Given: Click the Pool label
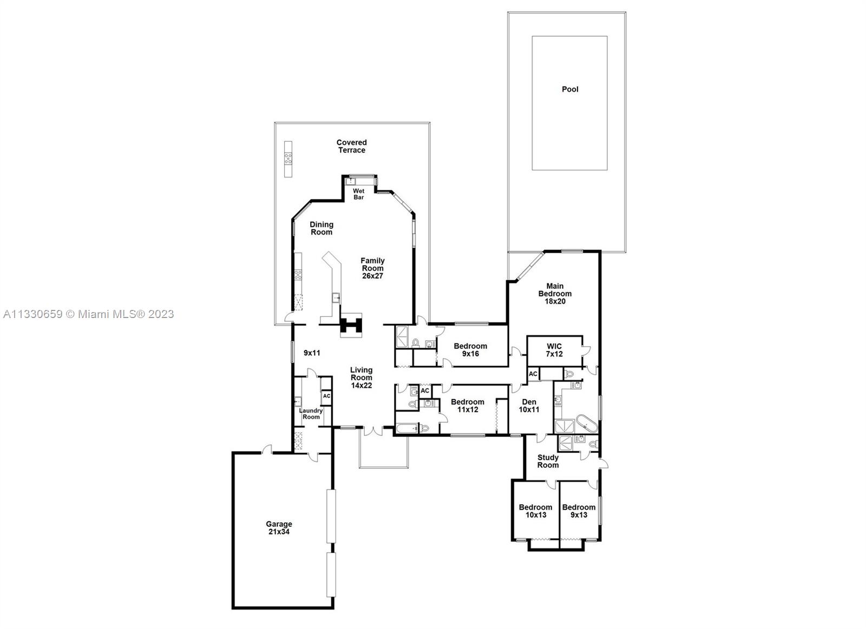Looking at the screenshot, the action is click(x=570, y=89).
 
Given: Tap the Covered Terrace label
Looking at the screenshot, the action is click(x=351, y=147).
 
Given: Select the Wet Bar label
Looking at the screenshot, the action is click(x=358, y=194).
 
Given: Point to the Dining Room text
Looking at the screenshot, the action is click(x=322, y=228).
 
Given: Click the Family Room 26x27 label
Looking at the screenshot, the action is click(x=372, y=268).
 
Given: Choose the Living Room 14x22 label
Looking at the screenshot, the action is click(x=362, y=378).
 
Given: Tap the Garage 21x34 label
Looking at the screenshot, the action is click(x=279, y=528).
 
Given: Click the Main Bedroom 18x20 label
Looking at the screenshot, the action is click(x=555, y=294).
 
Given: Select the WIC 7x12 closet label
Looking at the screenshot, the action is click(x=554, y=350).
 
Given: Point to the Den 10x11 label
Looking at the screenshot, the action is click(x=529, y=406).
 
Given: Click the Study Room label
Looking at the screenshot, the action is click(x=548, y=461).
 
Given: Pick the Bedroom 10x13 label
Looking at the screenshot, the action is click(x=535, y=511).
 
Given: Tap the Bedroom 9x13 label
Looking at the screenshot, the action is click(x=579, y=511).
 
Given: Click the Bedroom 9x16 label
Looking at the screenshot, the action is click(x=470, y=350).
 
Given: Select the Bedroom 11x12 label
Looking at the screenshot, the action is click(x=468, y=406).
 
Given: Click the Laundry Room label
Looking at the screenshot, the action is click(x=311, y=414).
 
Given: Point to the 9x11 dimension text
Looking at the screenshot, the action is click(x=312, y=353).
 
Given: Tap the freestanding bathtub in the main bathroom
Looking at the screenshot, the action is click(x=587, y=424).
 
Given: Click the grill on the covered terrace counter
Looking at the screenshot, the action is click(x=288, y=158).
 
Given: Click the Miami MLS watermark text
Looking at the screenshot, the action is click(x=89, y=314).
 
